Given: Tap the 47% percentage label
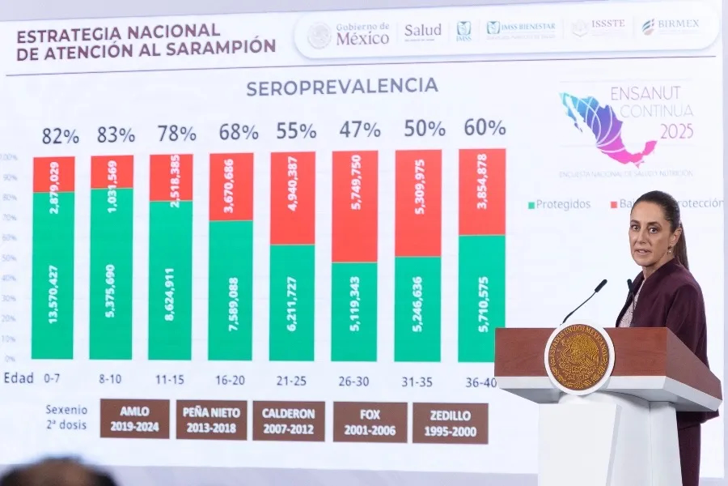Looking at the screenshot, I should click(359, 130).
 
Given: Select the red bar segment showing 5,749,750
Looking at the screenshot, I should click(354, 206).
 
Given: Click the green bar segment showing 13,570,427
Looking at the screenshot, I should click(53, 275).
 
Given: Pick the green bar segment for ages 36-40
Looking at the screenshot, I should click(482, 298).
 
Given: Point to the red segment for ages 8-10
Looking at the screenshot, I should click(112, 172).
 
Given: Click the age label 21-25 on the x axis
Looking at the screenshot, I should click(291, 378).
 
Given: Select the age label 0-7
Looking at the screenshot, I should click(53, 378).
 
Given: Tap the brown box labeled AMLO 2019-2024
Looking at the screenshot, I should click(135, 419).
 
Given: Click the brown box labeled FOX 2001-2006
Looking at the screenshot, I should click(370, 422).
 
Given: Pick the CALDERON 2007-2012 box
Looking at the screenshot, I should click(289, 421).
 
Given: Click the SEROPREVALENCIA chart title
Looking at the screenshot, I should click(341, 87).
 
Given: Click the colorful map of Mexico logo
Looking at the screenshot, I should click(606, 126).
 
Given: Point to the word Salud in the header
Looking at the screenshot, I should click(422, 31).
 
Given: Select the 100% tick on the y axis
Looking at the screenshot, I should click(10, 157).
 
